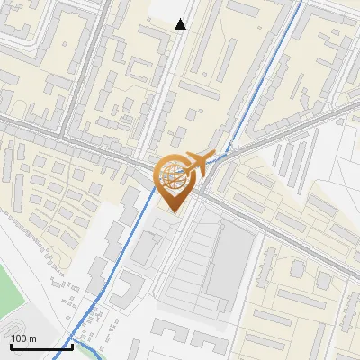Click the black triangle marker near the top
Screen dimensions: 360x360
(x=181, y=24)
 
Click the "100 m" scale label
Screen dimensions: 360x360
(x=23, y=338)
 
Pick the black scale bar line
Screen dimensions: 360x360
(x=40, y=346)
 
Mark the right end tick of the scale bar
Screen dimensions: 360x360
(x=71, y=344)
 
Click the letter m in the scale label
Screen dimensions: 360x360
(x=31, y=338)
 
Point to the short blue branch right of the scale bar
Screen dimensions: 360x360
(x=86, y=347)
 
